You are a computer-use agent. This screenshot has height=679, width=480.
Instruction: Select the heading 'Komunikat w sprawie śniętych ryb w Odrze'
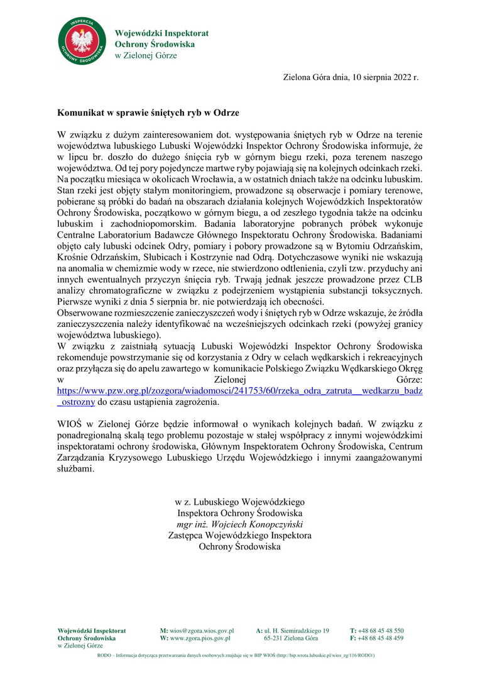[148, 113]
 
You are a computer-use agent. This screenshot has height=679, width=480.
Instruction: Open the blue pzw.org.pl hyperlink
[239, 390]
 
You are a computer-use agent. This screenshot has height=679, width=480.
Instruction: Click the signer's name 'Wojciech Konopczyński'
[249, 524]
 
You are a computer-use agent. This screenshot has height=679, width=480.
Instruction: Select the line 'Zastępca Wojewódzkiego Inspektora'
[239, 536]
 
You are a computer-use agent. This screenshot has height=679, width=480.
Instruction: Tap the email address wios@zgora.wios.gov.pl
[201, 631]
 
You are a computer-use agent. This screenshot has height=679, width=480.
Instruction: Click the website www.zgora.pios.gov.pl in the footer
[200, 638]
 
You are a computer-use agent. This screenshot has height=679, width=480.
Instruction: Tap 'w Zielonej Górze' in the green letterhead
[146, 55]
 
